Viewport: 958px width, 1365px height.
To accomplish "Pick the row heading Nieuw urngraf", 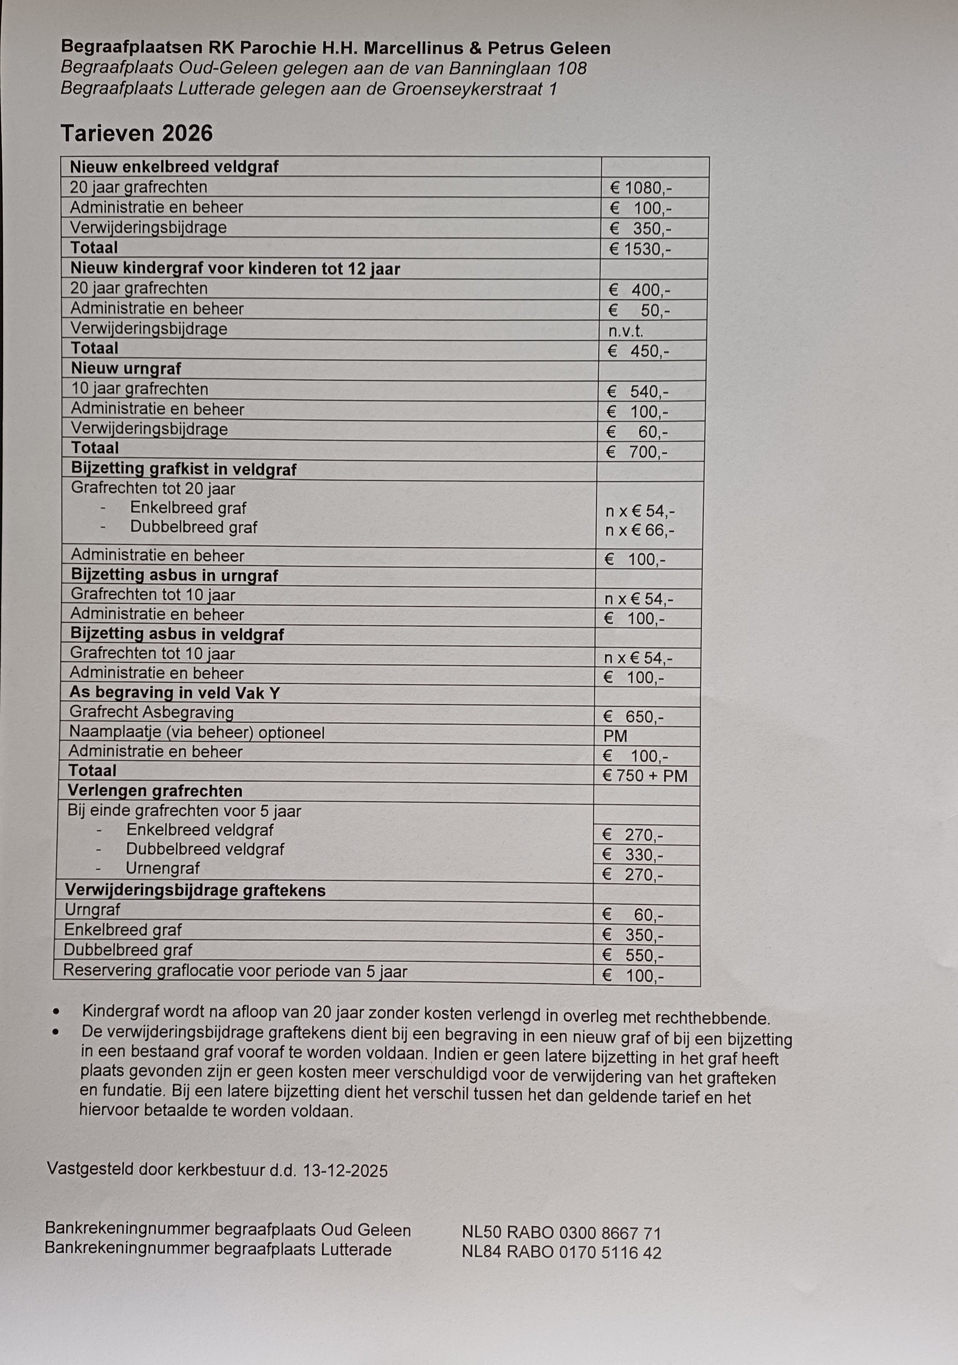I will (x=126, y=369).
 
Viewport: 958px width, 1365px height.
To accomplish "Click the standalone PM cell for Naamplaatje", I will (x=615, y=736).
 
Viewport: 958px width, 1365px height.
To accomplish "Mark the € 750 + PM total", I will (x=644, y=776).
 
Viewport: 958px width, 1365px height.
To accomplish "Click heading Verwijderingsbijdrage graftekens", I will (x=195, y=890).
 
